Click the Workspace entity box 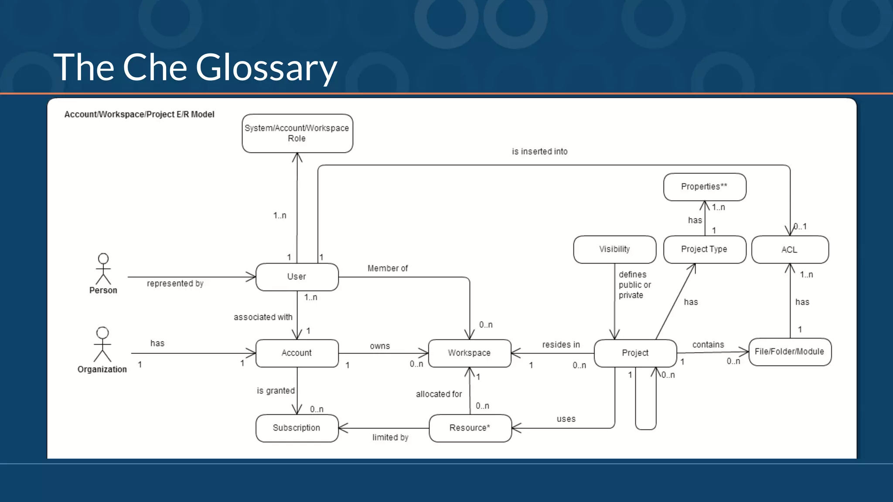click(469, 353)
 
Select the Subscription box click(297, 428)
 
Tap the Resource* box click(470, 428)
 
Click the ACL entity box click(790, 250)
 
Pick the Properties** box click(704, 187)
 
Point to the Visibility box click(614, 249)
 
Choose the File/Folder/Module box click(789, 352)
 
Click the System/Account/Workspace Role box click(297, 133)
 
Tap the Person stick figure click(103, 269)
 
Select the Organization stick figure click(102, 344)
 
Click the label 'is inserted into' click(539, 152)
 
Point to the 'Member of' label click(387, 268)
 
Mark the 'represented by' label click(175, 284)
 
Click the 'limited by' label click(390, 438)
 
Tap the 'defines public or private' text click(634, 285)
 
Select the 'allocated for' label click(439, 394)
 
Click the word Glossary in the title click(266, 68)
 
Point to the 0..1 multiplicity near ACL click(801, 227)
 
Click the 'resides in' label click(561, 345)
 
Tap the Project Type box click(704, 249)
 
